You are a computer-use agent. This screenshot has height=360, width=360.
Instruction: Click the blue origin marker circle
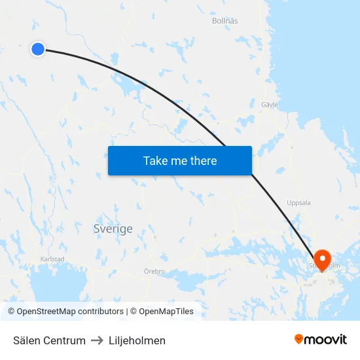pyautogui.click(x=38, y=48)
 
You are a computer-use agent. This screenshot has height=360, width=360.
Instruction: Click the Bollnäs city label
pyautogui.click(x=225, y=21)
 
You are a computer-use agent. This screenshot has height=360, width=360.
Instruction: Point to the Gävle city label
pyautogui.click(x=269, y=104)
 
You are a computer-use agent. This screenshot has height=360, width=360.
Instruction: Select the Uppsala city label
pyautogui.click(x=298, y=203)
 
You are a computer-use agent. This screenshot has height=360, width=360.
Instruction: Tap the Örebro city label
pyautogui.click(x=154, y=271)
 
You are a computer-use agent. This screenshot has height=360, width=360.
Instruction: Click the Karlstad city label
pyautogui.click(x=52, y=259)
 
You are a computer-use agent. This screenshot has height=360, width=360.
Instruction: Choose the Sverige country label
pyautogui.click(x=113, y=229)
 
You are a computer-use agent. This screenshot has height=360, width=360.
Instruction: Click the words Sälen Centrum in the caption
pyautogui.click(x=49, y=340)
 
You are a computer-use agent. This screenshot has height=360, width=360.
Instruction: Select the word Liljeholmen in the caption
pyautogui.click(x=137, y=340)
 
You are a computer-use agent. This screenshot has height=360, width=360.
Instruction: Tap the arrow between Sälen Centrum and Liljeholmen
pyautogui.click(x=98, y=340)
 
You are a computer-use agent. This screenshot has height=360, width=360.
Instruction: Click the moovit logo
pyautogui.click(x=321, y=339)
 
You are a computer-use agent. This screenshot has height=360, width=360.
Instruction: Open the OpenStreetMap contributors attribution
pyautogui.click(x=65, y=312)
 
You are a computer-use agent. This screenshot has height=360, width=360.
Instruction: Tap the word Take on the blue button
pyautogui.click(x=156, y=161)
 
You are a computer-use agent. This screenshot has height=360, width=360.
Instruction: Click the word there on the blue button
pyautogui.click(x=203, y=161)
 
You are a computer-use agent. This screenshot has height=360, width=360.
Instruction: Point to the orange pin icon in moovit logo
pyautogui.click(x=299, y=339)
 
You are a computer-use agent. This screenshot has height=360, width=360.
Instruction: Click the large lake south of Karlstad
pyautogui.click(x=59, y=288)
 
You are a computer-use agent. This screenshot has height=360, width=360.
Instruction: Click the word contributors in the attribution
pyautogui.click(x=101, y=312)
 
